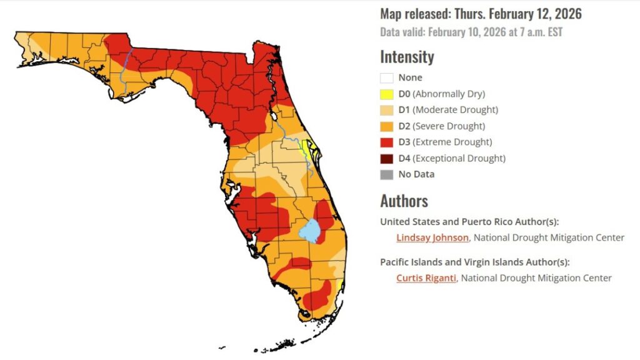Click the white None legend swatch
[x=387, y=78]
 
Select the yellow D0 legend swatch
[x=387, y=94]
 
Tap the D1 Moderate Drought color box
[x=387, y=110]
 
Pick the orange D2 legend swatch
[x=387, y=126]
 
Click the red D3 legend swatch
[x=387, y=142]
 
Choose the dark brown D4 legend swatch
[x=387, y=158]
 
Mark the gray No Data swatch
[x=387, y=174]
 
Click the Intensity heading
[x=407, y=57]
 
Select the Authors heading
[x=404, y=201]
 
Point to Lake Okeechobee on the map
[x=310, y=231]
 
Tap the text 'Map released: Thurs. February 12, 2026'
[x=481, y=14]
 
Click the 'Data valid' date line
[x=471, y=32]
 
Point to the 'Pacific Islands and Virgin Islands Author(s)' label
[x=475, y=262]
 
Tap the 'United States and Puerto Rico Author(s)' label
[x=469, y=222]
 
